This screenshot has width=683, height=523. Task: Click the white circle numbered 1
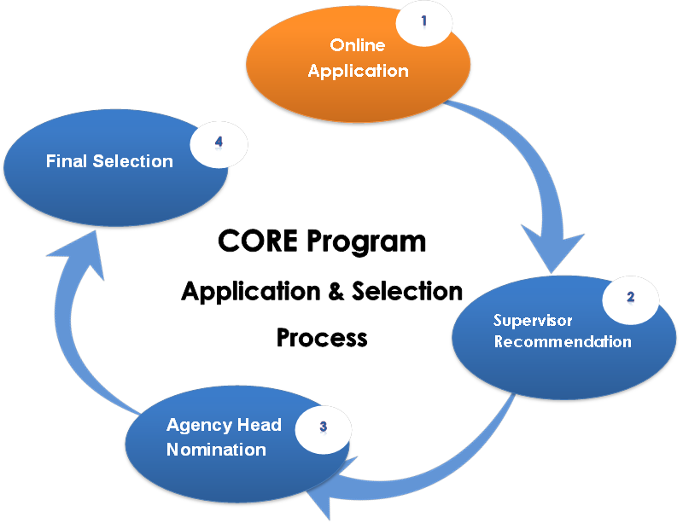(x=424, y=22)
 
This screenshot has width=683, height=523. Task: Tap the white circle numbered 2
(x=631, y=299)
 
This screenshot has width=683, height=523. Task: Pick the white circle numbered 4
(x=219, y=144)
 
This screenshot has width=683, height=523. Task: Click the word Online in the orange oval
(x=358, y=46)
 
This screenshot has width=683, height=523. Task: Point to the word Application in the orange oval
(x=358, y=71)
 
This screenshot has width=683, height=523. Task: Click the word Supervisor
(x=533, y=321)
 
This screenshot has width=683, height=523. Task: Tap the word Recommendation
(x=563, y=342)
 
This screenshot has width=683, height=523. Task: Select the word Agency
(x=196, y=425)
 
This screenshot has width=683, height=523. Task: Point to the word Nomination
(x=216, y=449)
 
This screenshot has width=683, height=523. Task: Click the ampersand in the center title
(x=336, y=291)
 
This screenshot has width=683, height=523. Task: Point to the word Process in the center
(x=322, y=337)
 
